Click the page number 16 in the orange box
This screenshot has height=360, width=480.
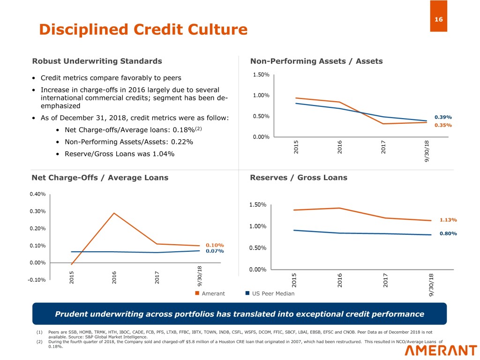(x=438, y=19)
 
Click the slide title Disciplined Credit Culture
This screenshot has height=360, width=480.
(x=143, y=30)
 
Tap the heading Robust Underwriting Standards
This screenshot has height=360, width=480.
(x=97, y=61)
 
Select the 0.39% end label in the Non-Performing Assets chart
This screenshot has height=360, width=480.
(x=443, y=117)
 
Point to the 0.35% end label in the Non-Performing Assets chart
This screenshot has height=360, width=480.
(x=443, y=125)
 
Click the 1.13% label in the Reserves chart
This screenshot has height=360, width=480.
(x=448, y=220)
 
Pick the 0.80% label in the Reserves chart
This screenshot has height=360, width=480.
(x=448, y=233)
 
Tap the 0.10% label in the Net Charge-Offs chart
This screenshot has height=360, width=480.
(x=215, y=245)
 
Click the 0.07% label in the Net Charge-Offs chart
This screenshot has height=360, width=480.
(x=215, y=251)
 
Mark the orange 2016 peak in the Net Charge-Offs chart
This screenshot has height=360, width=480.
(x=114, y=213)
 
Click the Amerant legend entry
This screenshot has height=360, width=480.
(x=210, y=293)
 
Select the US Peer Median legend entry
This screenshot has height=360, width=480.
(x=270, y=293)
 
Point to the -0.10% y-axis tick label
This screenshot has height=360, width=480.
(x=37, y=280)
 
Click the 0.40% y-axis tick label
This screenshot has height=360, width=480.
(x=37, y=194)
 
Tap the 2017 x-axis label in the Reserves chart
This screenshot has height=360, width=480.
(x=385, y=280)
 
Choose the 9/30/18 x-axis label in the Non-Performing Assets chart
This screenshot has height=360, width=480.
(x=427, y=151)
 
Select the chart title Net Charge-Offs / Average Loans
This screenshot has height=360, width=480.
(x=100, y=178)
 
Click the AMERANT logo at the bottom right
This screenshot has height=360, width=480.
(x=441, y=351)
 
